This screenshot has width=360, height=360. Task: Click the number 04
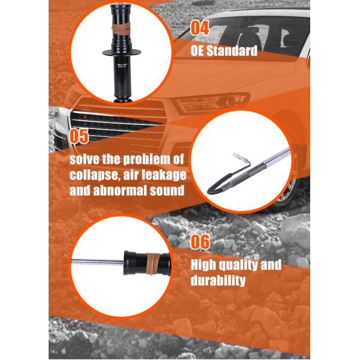click(x=200, y=28)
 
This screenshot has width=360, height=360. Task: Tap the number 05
click(x=79, y=136)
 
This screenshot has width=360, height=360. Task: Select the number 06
click(x=200, y=242)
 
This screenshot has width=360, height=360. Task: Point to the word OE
click(x=197, y=51)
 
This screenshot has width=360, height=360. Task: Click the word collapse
click(x=95, y=176)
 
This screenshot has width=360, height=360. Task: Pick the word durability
click(x=218, y=280)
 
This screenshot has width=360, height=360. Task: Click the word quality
click(x=238, y=265)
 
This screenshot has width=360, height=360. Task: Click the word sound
click(x=167, y=191)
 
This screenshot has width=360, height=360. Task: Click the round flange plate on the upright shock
click(x=121, y=52)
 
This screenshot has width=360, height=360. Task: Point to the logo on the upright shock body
click(x=122, y=65)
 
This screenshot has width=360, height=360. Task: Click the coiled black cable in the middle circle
click(x=220, y=184)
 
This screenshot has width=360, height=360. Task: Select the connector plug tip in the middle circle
click(x=238, y=157)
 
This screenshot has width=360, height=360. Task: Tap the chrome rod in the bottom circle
click(x=98, y=262)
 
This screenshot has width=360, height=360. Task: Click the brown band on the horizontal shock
click(x=153, y=263)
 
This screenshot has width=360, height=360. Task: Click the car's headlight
click(x=212, y=103)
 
